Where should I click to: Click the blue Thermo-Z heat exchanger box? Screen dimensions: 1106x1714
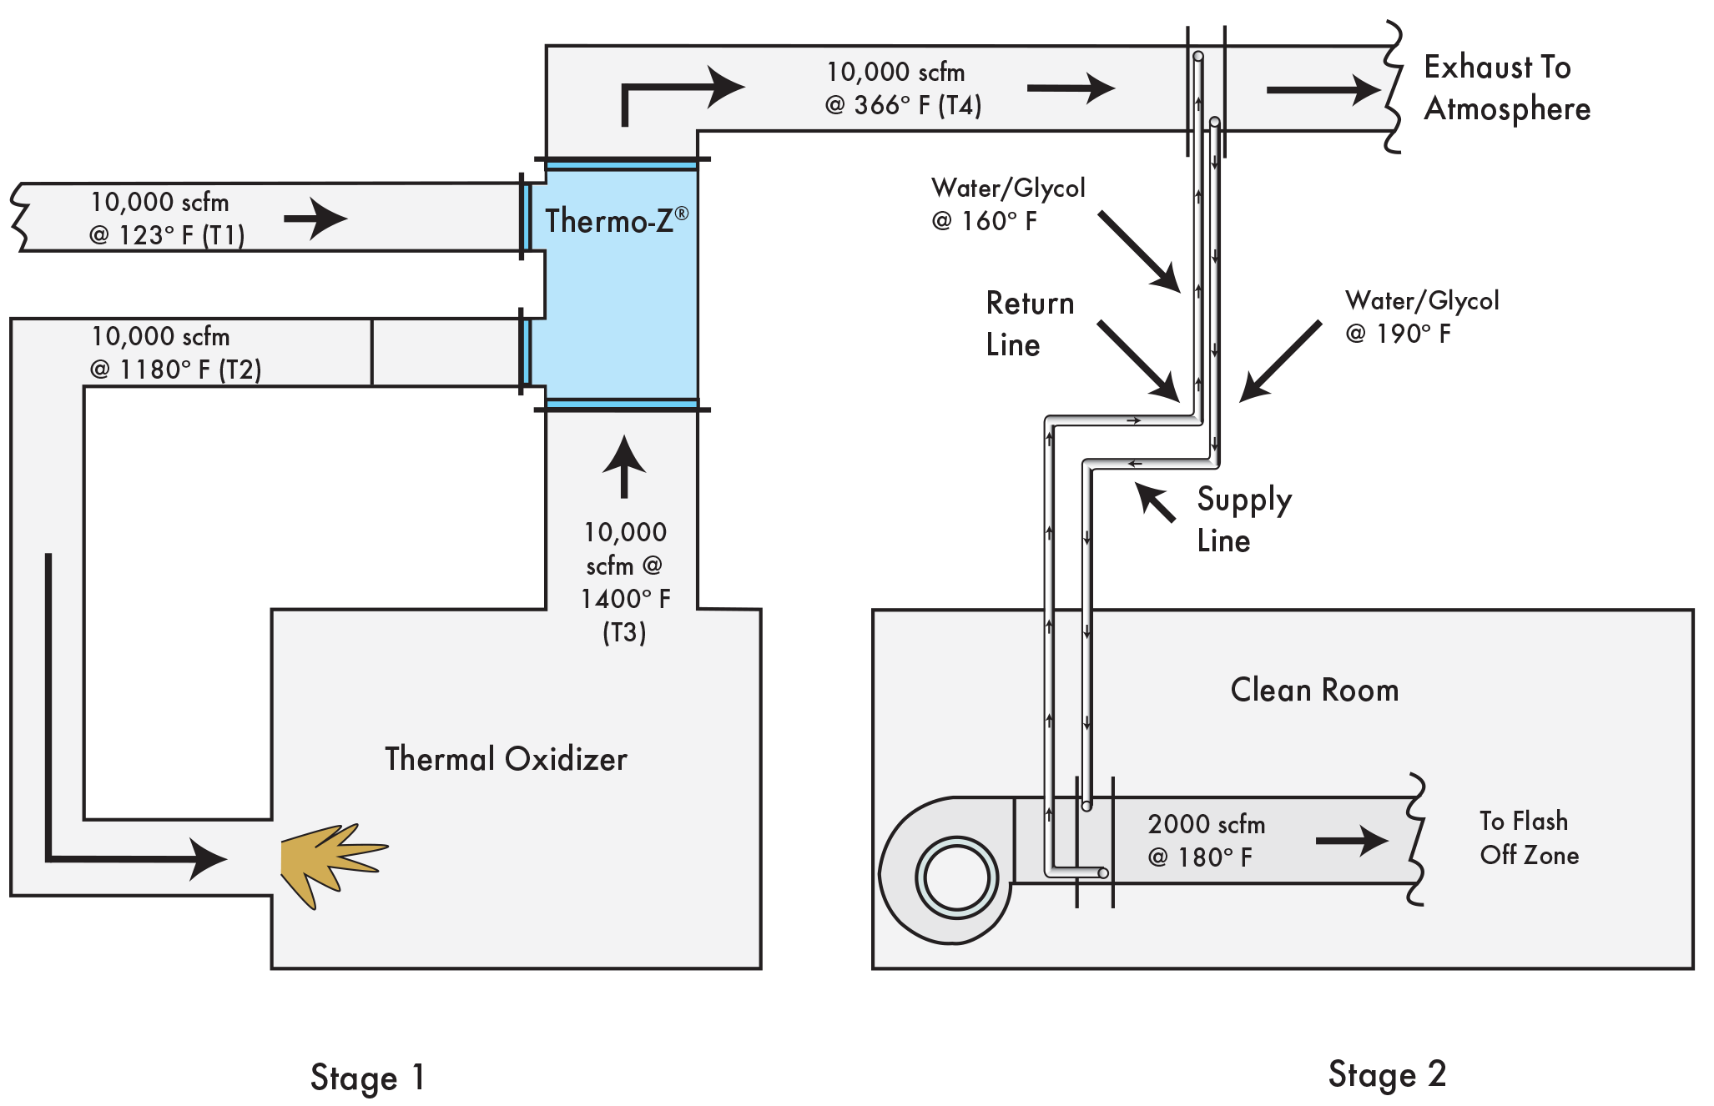pos(614,284)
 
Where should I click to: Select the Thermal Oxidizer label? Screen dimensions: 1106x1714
pos(506,759)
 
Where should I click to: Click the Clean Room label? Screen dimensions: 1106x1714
pos(1314,691)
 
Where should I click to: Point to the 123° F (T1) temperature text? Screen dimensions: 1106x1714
pos(167,235)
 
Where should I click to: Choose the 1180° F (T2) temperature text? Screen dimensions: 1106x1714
pos(176,370)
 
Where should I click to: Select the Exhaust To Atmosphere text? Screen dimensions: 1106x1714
pos(1506,88)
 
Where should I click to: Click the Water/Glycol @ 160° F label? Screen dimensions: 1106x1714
pos(1008,204)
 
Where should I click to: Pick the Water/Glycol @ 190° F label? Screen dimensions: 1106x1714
pos(1422,317)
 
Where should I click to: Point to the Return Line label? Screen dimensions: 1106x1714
pos(1030,324)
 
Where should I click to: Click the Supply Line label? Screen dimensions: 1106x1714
pos(1243,519)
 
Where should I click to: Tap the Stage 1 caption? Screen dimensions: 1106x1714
pos(367,1077)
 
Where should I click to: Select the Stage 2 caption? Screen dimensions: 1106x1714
pos(1386,1074)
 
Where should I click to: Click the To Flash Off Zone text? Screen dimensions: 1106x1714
pos(1528,838)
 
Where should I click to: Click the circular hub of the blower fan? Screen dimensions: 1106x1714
pos(956,878)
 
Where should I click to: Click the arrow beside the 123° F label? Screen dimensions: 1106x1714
pos(315,219)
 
